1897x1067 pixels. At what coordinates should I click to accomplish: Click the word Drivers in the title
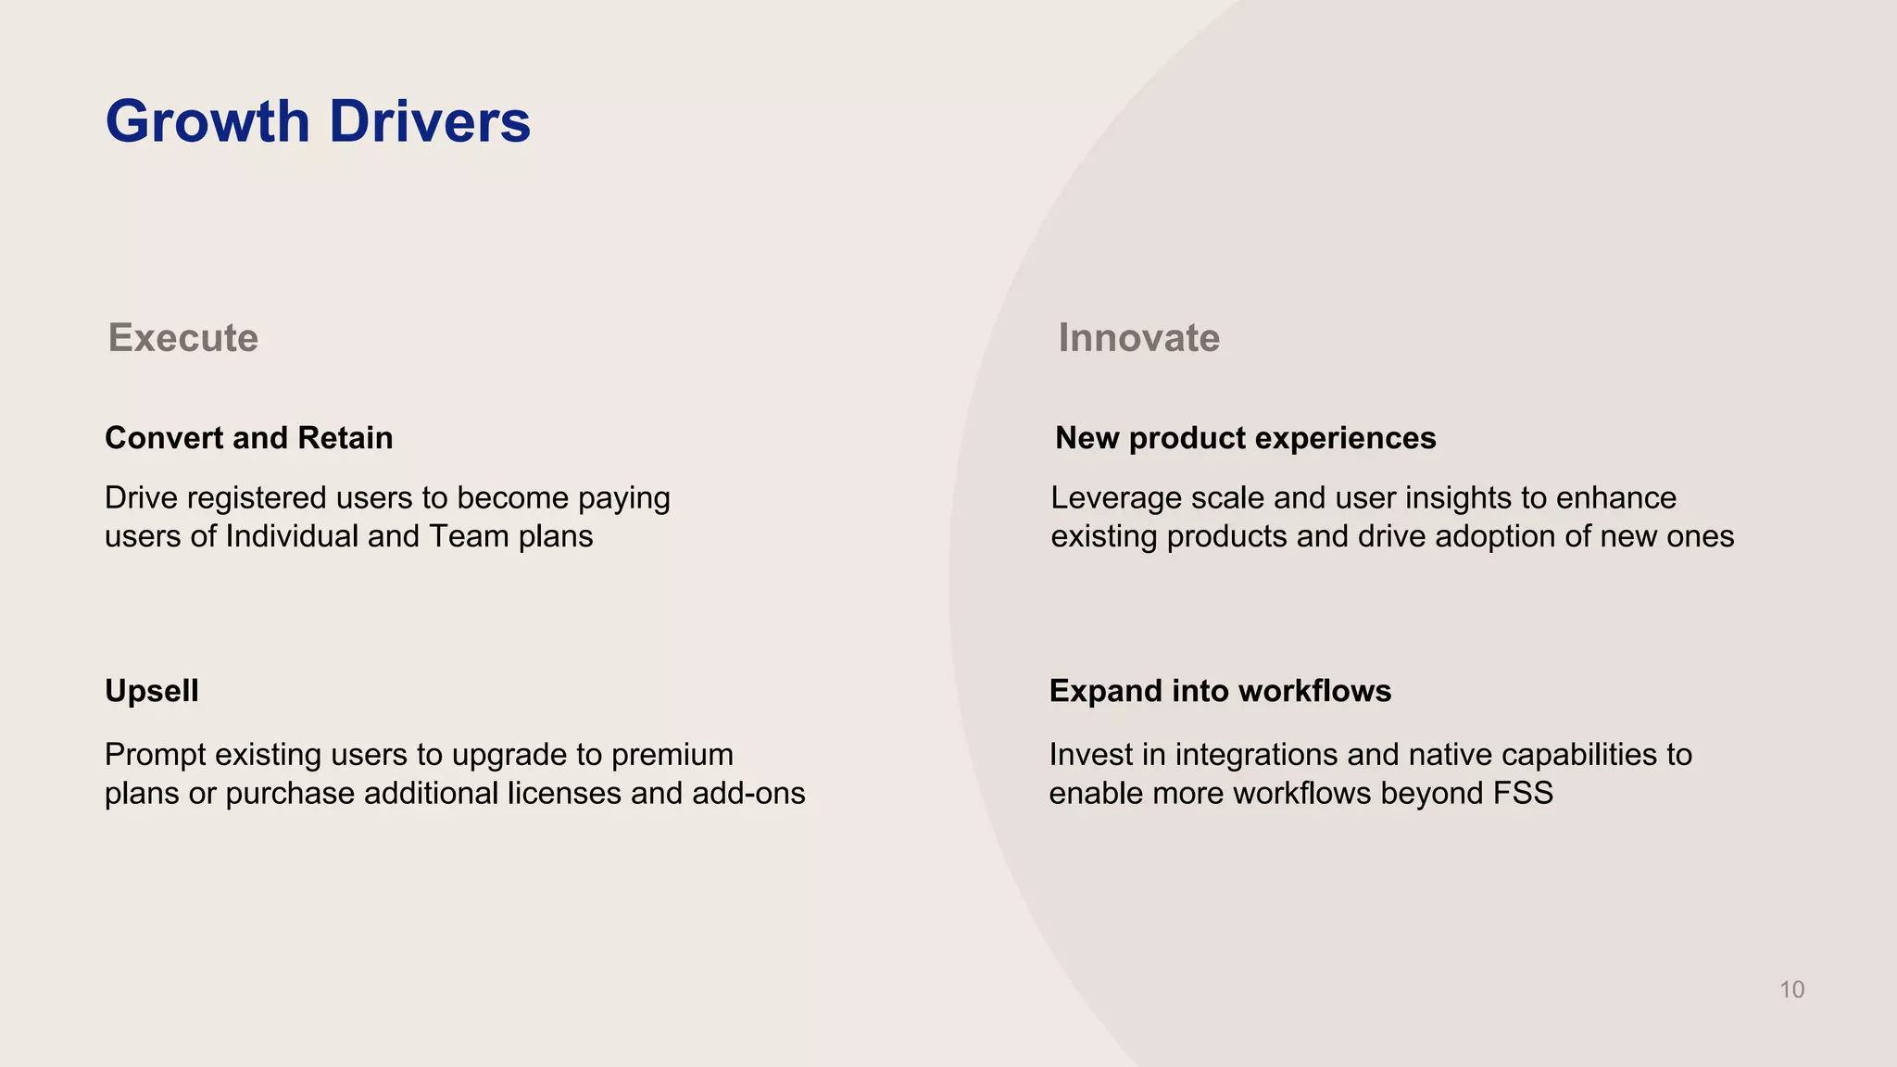pos(430,121)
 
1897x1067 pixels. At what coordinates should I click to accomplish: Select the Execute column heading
pos(182,337)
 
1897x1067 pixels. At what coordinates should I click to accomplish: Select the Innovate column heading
pos(1138,337)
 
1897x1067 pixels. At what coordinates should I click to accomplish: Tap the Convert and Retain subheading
pos(248,437)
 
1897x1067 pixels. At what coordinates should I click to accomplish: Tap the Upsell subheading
pos(151,691)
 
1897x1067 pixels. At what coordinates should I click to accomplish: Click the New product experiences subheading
pos(1245,437)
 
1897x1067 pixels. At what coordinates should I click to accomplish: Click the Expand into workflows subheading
pos(1219,691)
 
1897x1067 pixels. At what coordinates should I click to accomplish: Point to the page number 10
pos(1791,989)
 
